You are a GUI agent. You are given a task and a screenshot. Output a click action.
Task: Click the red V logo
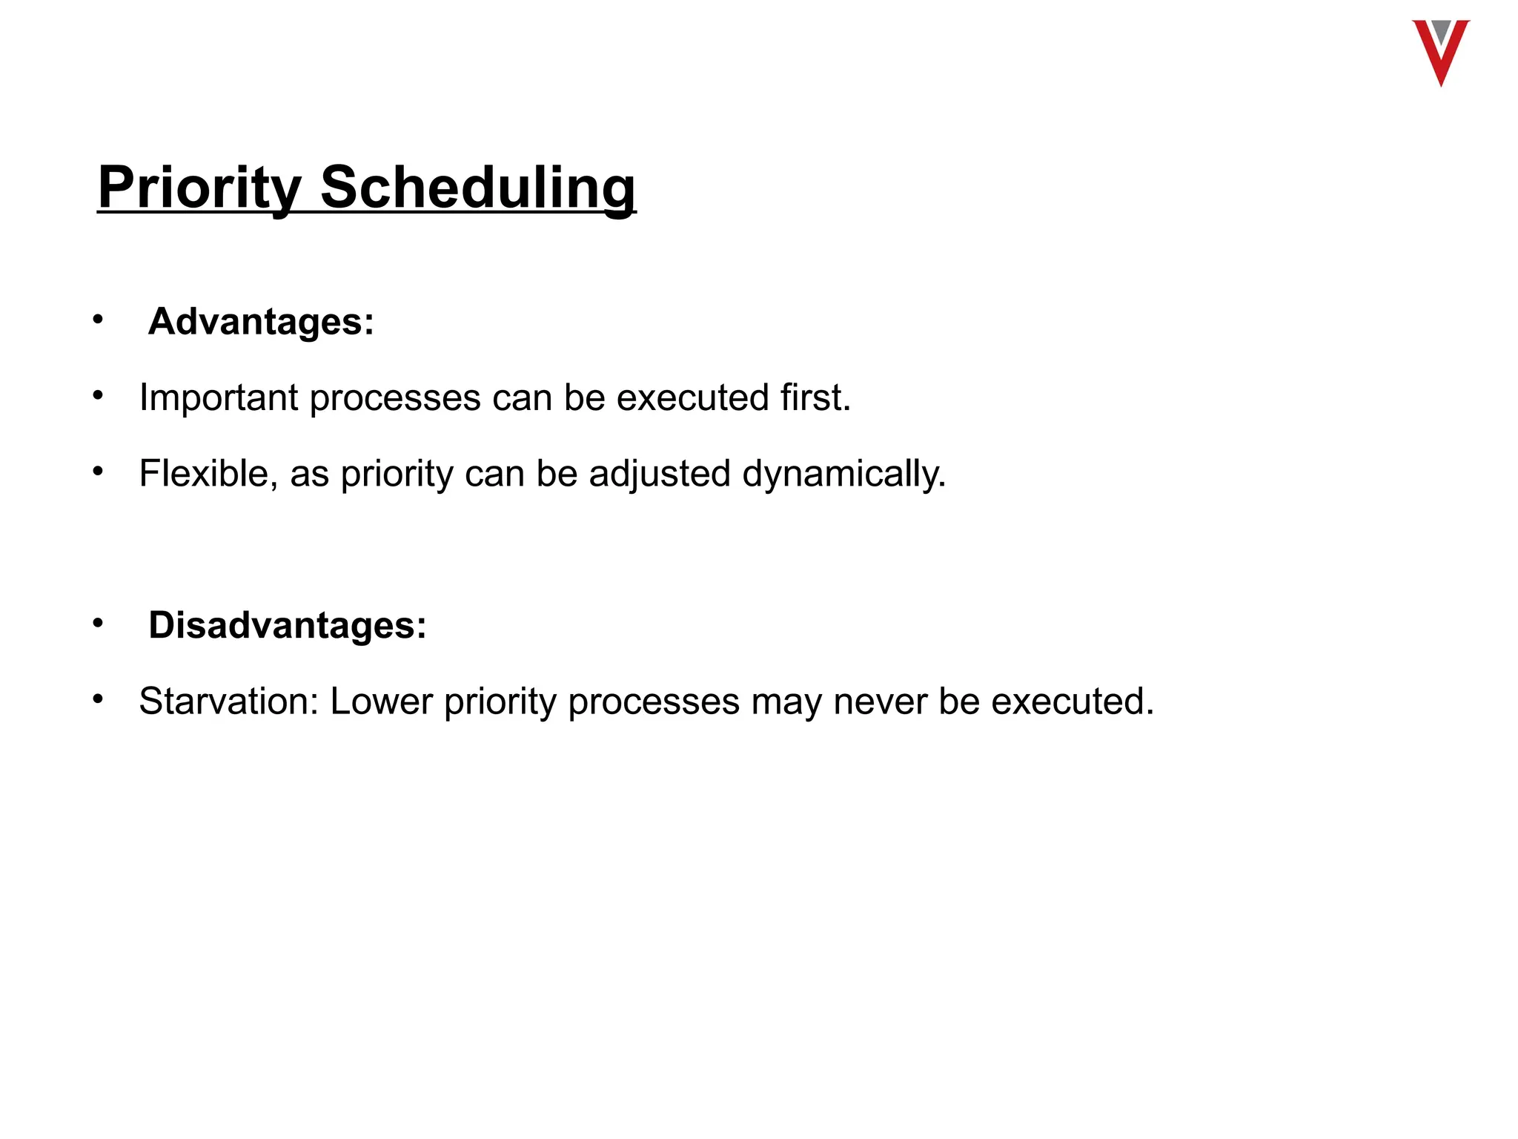point(1440,52)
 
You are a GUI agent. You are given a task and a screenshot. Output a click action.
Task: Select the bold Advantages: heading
point(261,322)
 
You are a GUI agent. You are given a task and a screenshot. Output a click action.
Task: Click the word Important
point(219,397)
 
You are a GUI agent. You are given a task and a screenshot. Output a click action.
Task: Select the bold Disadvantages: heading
point(288,625)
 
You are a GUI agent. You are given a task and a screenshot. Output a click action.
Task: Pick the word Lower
point(381,701)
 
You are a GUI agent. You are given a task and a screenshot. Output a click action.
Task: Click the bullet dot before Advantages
point(98,320)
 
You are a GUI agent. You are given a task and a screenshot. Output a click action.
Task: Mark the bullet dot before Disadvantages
point(98,623)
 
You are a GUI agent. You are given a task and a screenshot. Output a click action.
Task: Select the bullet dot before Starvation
point(98,699)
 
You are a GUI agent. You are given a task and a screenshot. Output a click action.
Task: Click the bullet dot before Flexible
point(98,471)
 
